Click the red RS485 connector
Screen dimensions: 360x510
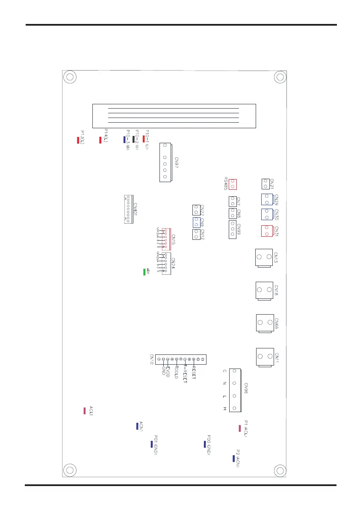[233, 184]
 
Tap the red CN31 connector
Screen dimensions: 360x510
[266, 231]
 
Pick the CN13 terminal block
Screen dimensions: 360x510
[263, 257]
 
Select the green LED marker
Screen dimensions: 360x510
[145, 272]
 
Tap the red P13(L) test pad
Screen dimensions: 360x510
[78, 140]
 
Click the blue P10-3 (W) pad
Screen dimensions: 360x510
[124, 139]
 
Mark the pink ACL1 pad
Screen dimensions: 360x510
[85, 411]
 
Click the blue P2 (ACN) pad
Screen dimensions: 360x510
[233, 458]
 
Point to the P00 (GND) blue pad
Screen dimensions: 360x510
[205, 444]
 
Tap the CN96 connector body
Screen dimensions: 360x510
[234, 389]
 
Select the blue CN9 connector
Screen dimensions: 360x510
[196, 222]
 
